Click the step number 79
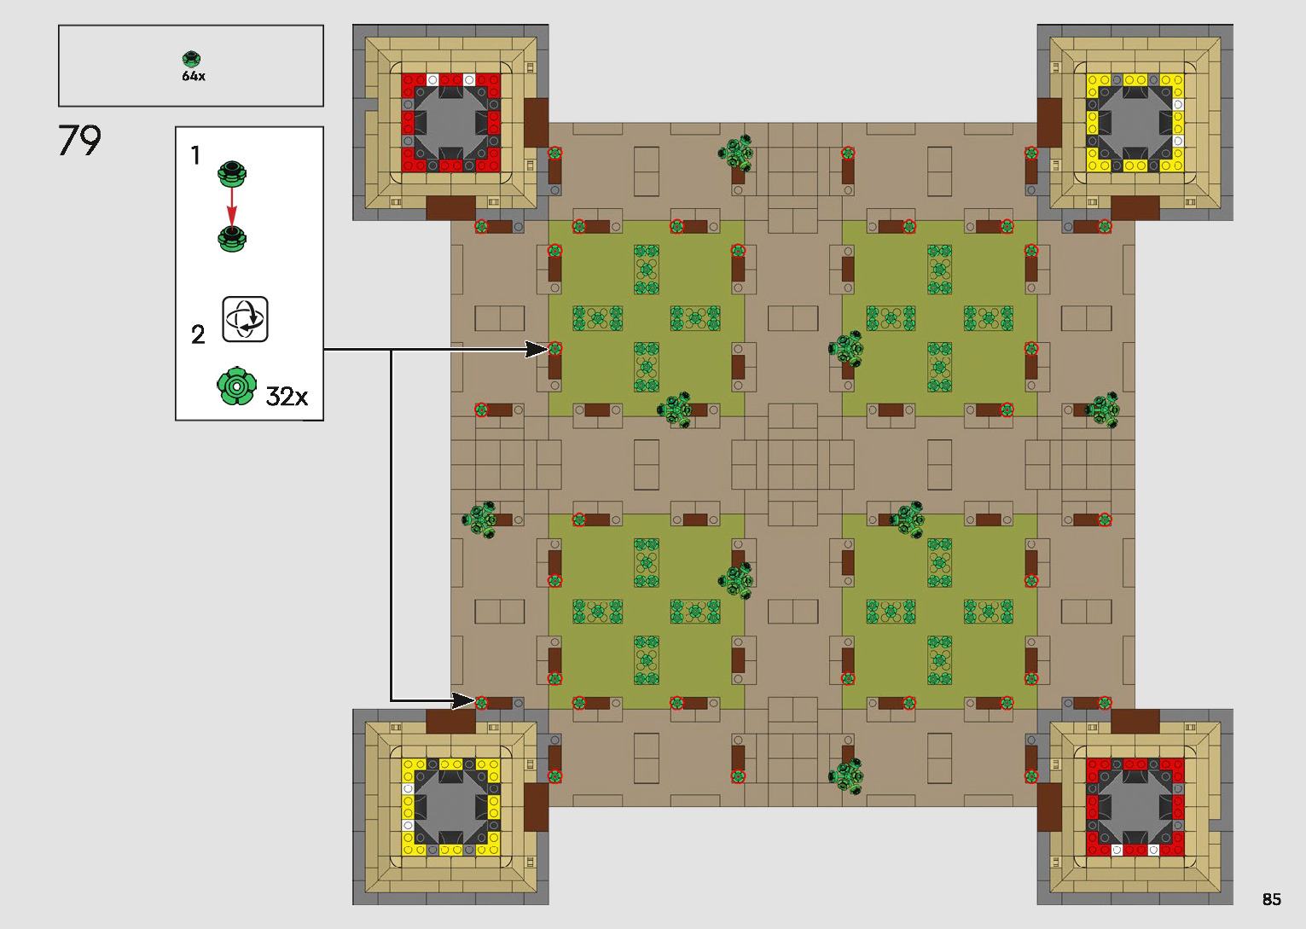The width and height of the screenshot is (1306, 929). click(79, 140)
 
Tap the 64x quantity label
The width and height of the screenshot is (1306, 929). click(194, 76)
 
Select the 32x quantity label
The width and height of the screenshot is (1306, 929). click(287, 396)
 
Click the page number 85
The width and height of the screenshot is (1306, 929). click(1271, 899)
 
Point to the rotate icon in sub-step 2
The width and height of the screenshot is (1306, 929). click(246, 319)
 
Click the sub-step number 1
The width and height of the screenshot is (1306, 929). click(195, 155)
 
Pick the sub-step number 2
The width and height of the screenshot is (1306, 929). click(198, 334)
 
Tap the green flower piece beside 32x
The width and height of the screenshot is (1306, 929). click(236, 386)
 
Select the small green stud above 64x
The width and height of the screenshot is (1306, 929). click(192, 59)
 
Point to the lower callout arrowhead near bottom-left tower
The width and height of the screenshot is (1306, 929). click(463, 701)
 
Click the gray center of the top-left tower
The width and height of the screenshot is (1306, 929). click(450, 122)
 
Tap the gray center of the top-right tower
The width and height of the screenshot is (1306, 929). click(1135, 122)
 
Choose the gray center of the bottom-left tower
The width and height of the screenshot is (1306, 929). click(450, 807)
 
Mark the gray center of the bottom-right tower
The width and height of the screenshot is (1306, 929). click(1135, 807)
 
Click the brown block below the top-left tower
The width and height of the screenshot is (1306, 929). click(450, 208)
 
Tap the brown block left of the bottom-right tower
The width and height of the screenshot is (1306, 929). click(1049, 807)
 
